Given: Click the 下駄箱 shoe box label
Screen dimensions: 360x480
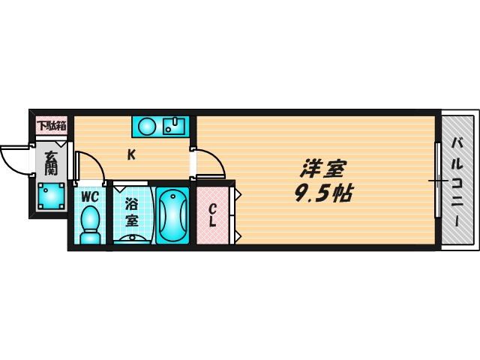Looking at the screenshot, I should (x=51, y=125).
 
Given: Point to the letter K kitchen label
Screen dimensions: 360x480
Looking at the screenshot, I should (x=130, y=155).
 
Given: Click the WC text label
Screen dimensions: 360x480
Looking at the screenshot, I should (x=91, y=196).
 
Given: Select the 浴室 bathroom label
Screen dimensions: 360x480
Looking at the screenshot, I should (x=132, y=211).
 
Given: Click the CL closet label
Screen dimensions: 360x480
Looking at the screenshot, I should (x=213, y=215).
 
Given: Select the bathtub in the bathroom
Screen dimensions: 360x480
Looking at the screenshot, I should (x=173, y=214).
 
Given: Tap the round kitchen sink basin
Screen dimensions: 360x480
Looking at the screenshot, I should (x=145, y=125).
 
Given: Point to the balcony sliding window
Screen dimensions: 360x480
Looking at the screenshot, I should (x=437, y=180).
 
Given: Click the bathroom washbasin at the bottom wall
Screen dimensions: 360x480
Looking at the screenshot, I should (x=133, y=238).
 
